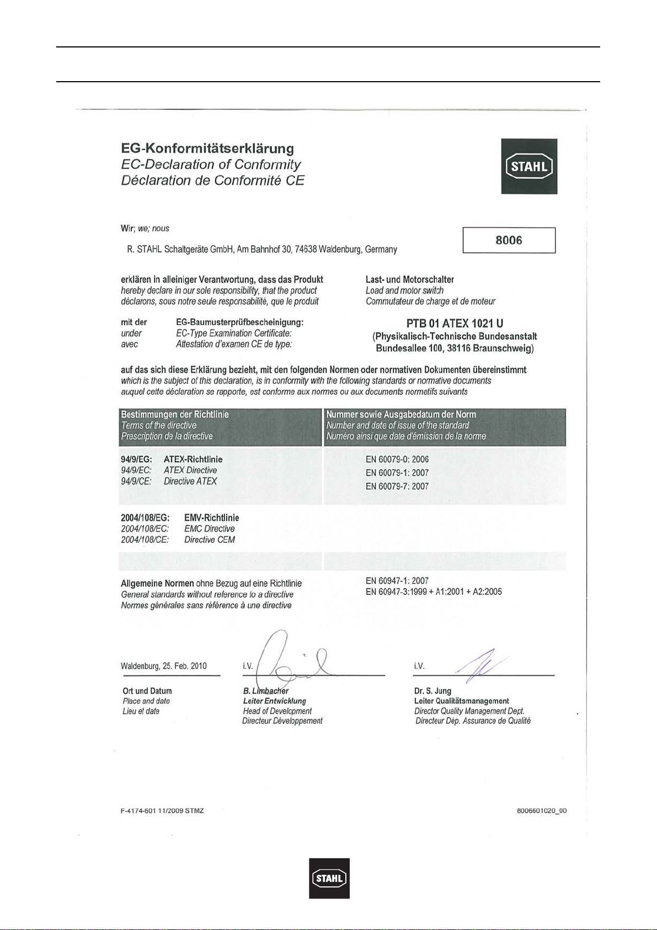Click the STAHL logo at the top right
pos(529,166)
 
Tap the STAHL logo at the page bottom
pos(329,878)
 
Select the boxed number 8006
pos(509,240)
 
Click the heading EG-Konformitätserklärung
pos(207,148)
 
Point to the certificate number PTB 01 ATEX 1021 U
pos(455,323)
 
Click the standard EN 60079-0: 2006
pos(397,459)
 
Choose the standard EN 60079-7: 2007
pos(397,486)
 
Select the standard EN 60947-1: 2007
pos(397,581)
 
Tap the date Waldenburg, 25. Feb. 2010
pos(164,666)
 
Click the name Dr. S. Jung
pos(432,690)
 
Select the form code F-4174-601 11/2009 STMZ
pos(162,811)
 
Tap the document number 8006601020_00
pos(542,811)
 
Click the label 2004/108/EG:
pos(145,518)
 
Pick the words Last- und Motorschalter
pos(409,280)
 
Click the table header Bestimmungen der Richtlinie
pos(175,414)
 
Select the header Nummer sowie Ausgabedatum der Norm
pos(401,414)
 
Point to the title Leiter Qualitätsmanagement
pos(461,701)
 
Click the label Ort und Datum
pos(147,691)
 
